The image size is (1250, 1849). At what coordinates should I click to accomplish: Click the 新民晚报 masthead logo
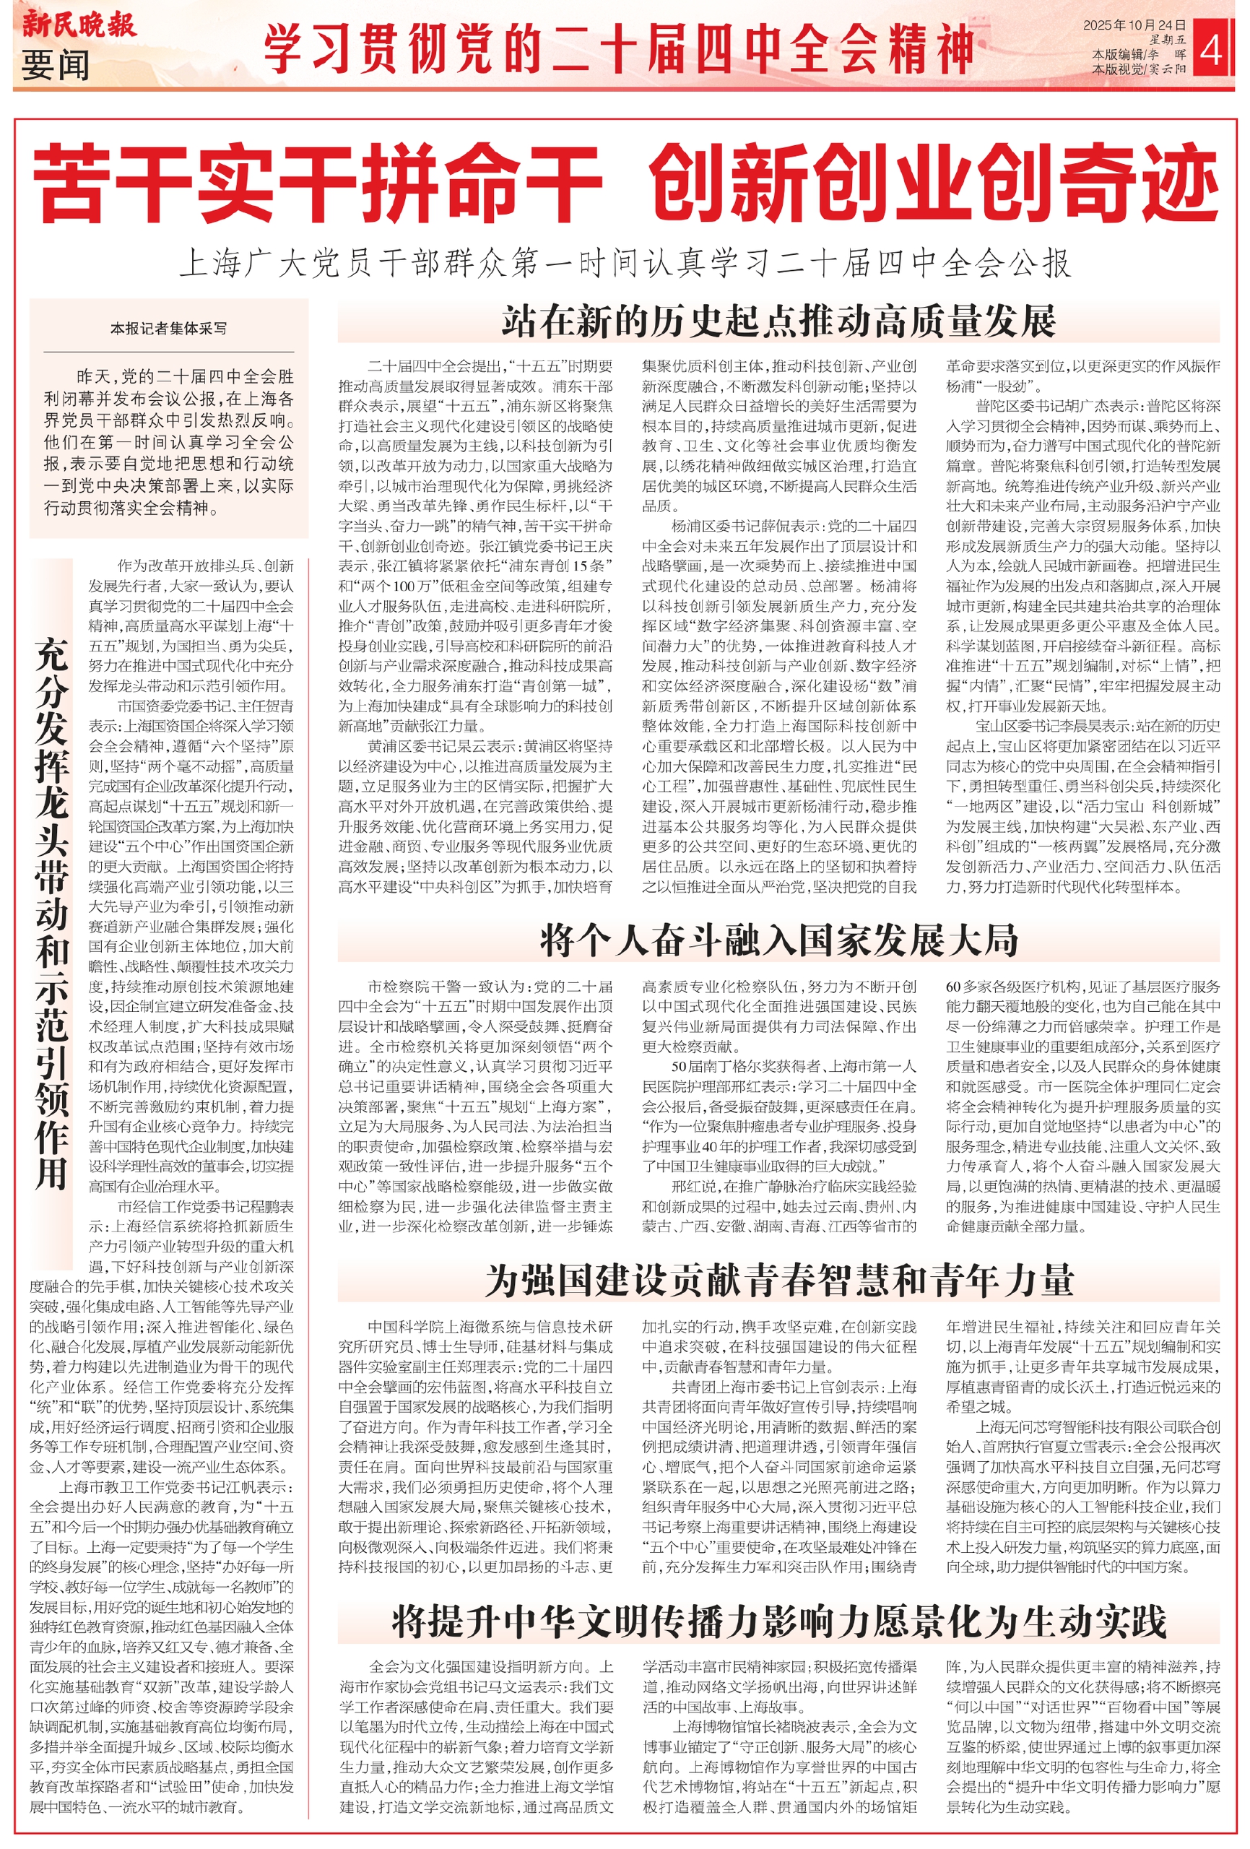click(x=78, y=24)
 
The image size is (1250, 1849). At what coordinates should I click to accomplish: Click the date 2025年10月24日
click(x=1134, y=25)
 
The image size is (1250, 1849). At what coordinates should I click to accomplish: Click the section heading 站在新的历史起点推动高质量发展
click(x=778, y=321)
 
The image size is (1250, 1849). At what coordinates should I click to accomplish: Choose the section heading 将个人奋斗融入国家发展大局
click(x=778, y=940)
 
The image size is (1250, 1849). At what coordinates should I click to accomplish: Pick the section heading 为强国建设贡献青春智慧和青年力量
click(x=778, y=1280)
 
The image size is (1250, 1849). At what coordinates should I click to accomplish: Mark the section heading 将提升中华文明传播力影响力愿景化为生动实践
click(x=778, y=1621)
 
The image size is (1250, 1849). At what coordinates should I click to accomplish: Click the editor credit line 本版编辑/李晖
click(x=1139, y=55)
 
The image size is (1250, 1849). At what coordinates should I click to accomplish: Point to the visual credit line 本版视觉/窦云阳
click(x=1139, y=69)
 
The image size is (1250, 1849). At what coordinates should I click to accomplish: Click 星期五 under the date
click(x=1166, y=40)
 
